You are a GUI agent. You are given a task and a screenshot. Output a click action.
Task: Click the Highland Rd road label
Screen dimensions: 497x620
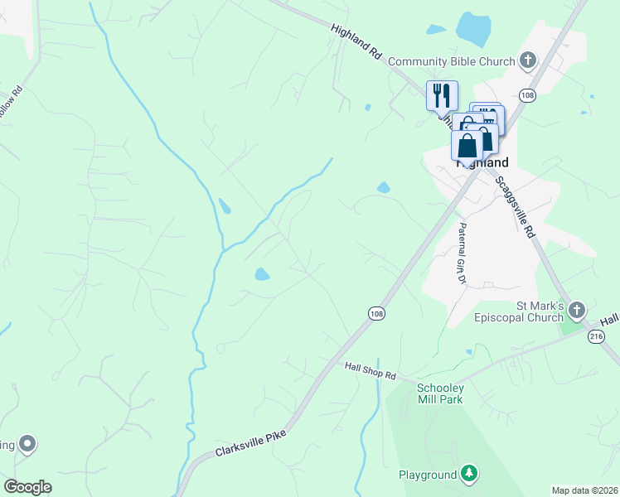point(356,41)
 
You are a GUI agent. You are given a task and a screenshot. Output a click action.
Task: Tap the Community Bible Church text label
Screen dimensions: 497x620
point(452,60)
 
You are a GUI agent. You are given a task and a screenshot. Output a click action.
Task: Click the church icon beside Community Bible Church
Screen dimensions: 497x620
point(528,60)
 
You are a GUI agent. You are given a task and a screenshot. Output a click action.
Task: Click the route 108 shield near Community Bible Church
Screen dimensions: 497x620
point(527,95)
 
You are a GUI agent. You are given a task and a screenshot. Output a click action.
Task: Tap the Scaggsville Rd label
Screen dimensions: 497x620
point(515,205)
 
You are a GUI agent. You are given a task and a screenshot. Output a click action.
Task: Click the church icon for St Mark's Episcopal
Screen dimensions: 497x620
point(576,310)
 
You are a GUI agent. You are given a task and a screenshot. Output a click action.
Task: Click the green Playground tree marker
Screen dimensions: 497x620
point(470,474)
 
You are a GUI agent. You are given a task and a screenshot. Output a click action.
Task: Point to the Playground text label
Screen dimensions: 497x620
point(427,475)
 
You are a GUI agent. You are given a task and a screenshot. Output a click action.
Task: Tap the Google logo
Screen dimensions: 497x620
point(27,487)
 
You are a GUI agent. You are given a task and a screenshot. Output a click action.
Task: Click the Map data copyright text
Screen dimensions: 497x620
point(585,490)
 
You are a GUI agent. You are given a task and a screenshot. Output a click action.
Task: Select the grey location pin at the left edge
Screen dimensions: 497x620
point(27,445)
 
